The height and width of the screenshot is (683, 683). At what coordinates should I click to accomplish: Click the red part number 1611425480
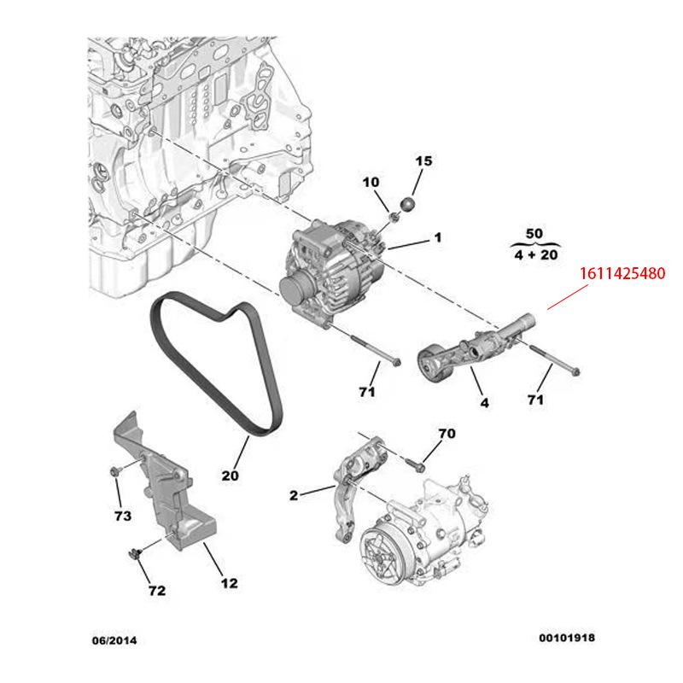coord(621,275)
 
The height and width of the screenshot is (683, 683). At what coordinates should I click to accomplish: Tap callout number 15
coord(424,161)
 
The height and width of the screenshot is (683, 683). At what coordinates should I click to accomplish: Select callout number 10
coord(371,182)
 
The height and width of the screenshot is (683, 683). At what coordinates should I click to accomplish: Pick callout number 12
coord(230,584)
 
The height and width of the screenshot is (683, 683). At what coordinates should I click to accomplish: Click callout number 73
coord(123,516)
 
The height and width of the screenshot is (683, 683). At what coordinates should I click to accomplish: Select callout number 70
coord(447,434)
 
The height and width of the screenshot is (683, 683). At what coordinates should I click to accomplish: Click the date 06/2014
coord(114,639)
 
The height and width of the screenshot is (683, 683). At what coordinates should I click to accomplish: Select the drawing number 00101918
coord(567,638)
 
